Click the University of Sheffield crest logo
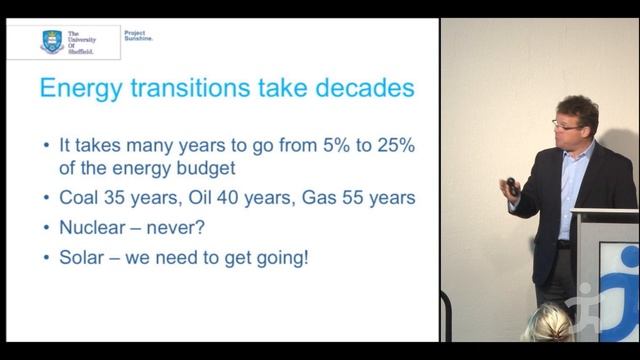tap(51, 40)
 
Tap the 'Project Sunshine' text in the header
tap(138, 35)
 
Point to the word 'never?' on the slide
tap(196, 227)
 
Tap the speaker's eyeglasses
tap(565, 123)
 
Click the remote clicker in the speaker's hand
tap(511, 184)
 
